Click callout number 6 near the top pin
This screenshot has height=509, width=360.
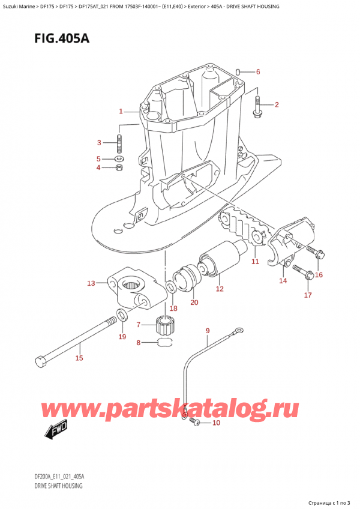click(x=258, y=72)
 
